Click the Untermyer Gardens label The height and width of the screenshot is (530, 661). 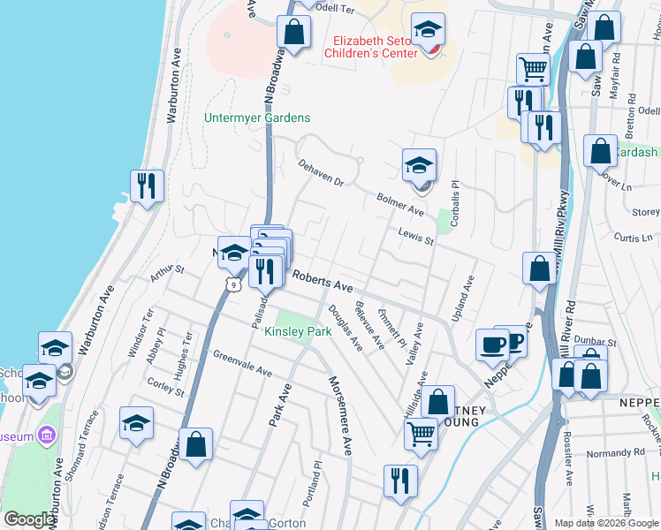point(257,117)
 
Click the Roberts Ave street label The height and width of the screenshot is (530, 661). point(323,283)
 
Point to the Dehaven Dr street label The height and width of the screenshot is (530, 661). point(320,174)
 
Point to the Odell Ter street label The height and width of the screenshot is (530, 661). point(334,7)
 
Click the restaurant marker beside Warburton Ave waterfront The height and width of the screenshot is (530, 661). point(147,185)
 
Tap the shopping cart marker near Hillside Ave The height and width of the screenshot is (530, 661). point(422,434)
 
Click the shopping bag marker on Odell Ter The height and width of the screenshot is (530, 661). point(293,32)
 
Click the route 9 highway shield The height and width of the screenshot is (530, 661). point(232,284)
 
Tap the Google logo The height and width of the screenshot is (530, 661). point(29,519)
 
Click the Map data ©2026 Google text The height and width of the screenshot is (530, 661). point(606,522)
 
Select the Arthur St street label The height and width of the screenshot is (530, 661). point(165,272)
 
